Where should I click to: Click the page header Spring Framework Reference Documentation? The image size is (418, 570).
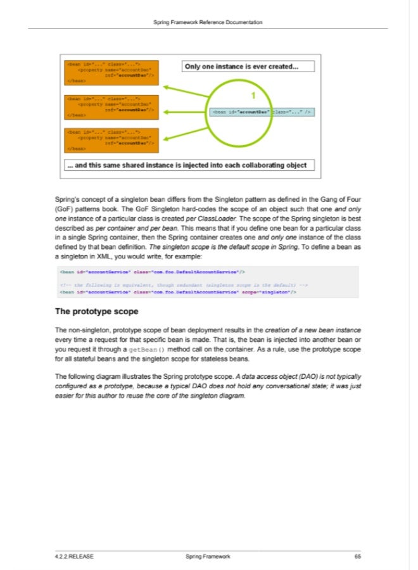[x=208, y=23]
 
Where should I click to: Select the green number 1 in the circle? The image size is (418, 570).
[x=253, y=96]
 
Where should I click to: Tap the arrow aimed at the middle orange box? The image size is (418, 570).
[x=184, y=112]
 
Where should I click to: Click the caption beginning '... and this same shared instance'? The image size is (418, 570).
[x=186, y=165]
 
